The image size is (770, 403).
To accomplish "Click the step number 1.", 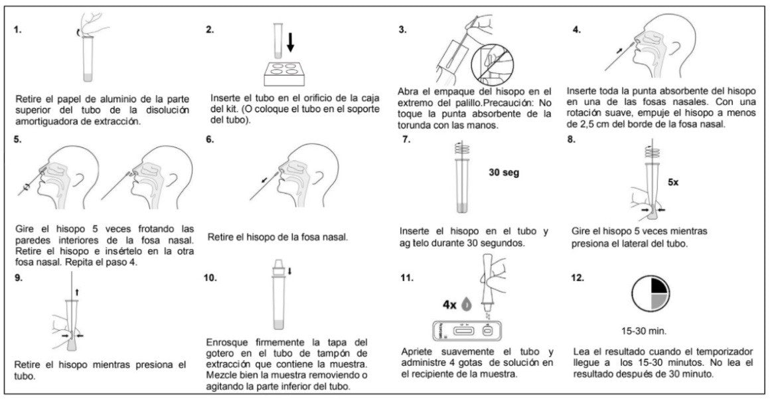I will pyautogui.click(x=18, y=30).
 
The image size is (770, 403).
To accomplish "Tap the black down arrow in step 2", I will pyautogui.click(x=290, y=43).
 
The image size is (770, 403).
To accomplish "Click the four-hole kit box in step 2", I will pyautogui.click(x=287, y=72).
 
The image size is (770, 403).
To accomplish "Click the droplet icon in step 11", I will pyautogui.click(x=467, y=304).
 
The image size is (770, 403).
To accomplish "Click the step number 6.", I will pyautogui.click(x=210, y=140).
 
